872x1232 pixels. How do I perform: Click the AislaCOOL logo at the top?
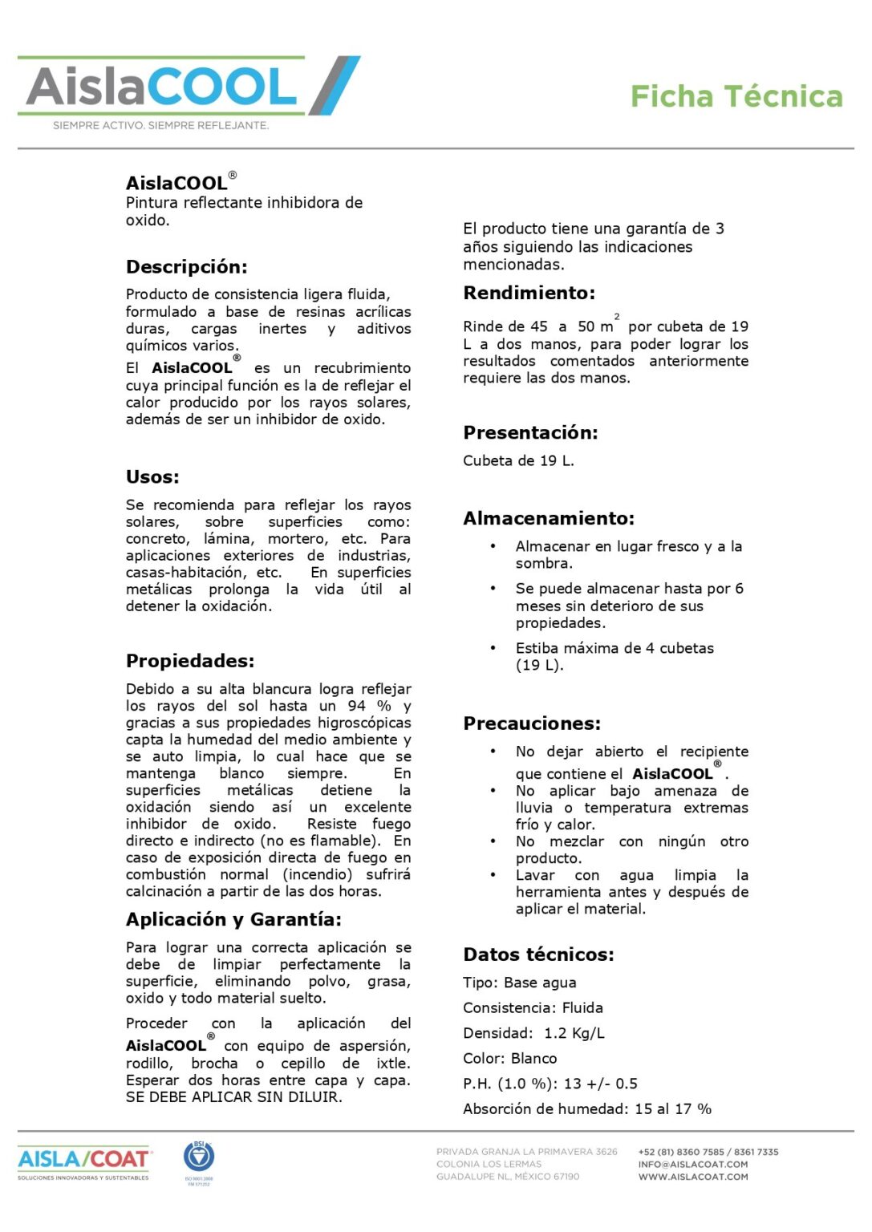tap(189, 87)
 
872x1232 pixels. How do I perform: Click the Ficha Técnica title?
tap(736, 96)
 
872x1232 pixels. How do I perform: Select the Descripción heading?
tap(186, 267)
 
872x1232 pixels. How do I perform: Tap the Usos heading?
tap(152, 477)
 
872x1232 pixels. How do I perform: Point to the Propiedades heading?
tap(189, 661)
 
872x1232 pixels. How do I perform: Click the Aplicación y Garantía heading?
tap(233, 919)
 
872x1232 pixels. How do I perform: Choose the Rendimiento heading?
tap(529, 293)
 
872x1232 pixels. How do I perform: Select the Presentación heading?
tap(530, 433)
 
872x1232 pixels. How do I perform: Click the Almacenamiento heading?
tap(549, 518)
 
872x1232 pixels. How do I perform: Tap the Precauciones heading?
tap(532, 723)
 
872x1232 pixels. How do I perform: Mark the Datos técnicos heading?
tap(538, 954)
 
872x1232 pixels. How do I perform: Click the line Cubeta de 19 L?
tap(518, 461)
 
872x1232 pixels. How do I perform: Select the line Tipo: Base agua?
tap(519, 983)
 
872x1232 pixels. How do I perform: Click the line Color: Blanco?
tap(509, 1059)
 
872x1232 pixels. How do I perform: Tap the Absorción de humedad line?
tap(587, 1109)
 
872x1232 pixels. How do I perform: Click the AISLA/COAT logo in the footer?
tap(83, 1161)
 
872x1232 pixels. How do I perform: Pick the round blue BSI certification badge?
tap(199, 1157)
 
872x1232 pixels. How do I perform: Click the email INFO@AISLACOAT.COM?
tap(692, 1165)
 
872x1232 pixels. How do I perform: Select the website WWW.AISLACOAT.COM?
tap(693, 1177)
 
